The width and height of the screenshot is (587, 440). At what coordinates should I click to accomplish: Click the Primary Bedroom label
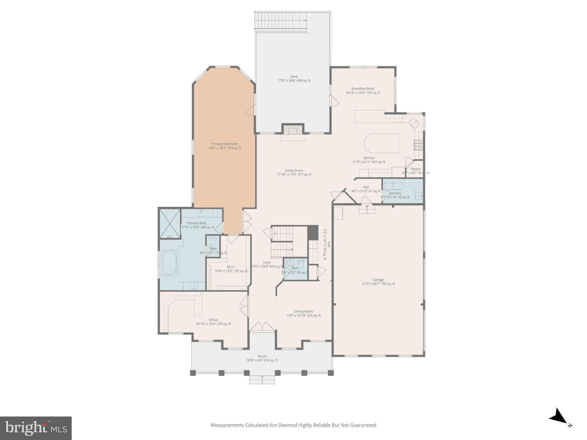point(225,144)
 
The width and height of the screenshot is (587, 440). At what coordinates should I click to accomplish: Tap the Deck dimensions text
point(294,81)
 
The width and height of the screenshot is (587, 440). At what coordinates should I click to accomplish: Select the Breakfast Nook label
point(363,89)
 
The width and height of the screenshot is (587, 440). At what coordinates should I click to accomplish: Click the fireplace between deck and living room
point(293,130)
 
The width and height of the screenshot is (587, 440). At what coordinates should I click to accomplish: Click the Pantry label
point(416,169)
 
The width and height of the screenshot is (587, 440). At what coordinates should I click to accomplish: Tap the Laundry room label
point(395,193)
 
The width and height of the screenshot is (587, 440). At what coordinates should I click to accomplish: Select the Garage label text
point(378,280)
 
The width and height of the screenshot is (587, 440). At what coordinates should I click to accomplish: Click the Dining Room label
point(304,311)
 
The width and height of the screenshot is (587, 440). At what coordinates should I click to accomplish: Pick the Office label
point(213,320)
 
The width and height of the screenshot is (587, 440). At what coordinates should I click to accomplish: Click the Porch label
point(262,356)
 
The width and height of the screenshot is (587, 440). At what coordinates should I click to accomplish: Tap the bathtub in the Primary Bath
point(170,263)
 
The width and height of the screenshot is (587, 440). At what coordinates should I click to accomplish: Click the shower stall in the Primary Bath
point(170,224)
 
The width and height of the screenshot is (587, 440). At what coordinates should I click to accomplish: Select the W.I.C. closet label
point(231,267)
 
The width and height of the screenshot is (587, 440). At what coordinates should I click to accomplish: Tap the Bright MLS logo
point(36,428)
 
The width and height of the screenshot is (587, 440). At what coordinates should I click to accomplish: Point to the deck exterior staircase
point(281,20)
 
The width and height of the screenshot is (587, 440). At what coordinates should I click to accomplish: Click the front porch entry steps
point(262,380)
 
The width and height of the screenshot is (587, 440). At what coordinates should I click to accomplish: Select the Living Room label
point(294,170)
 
